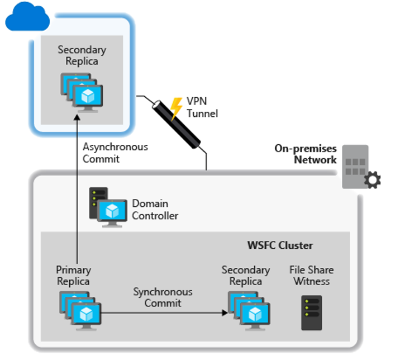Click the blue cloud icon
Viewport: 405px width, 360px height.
27,17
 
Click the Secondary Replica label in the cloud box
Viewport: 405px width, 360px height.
82,55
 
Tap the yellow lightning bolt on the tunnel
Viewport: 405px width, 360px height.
177,108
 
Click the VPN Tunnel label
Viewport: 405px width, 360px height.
202,107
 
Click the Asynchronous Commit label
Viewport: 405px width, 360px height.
115,153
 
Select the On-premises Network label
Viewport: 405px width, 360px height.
306,154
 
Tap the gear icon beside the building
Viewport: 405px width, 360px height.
371,180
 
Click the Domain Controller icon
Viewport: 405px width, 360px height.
107,207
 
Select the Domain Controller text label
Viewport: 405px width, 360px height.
155,210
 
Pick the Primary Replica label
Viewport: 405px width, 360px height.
73,276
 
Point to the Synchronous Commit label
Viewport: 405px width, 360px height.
163,297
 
